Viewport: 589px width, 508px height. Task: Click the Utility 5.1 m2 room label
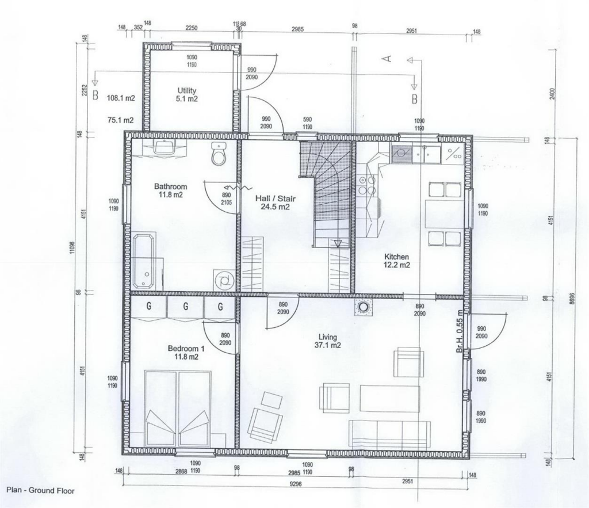point(187,94)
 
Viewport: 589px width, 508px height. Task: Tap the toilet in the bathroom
point(219,154)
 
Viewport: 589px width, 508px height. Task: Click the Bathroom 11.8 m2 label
point(170,190)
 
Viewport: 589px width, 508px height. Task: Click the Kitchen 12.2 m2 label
point(396,261)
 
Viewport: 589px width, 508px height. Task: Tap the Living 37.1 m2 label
point(328,341)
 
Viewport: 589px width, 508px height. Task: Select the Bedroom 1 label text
point(186,352)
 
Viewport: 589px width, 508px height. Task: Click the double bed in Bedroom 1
point(178,409)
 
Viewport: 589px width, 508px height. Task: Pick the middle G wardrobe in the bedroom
point(185,307)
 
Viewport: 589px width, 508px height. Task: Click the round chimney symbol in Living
point(363,307)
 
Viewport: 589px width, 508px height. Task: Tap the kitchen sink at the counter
point(400,153)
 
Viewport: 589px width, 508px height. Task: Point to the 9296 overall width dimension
point(296,484)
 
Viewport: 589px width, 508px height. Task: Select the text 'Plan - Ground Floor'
point(40,491)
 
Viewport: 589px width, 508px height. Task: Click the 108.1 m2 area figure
point(121,98)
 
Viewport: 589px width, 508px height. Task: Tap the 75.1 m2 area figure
point(121,120)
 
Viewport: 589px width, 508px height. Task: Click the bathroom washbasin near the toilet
point(165,147)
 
